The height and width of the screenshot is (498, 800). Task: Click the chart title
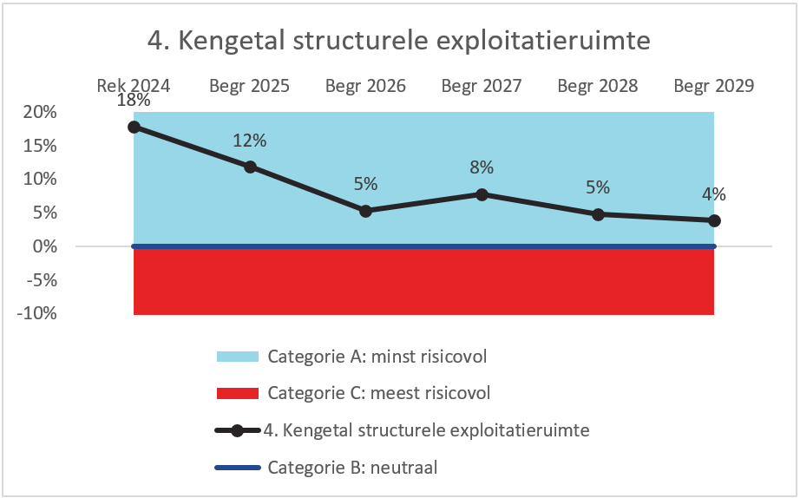tap(398, 41)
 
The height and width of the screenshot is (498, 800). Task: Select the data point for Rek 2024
tap(134, 127)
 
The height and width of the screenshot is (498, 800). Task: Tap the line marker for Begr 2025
tap(250, 167)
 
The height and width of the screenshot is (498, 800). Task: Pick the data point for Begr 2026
tap(365, 211)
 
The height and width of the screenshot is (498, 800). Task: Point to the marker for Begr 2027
tap(482, 194)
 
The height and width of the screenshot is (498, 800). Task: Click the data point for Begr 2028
tap(598, 214)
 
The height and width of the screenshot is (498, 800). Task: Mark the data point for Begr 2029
tap(714, 220)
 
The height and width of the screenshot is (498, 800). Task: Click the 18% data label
tap(134, 101)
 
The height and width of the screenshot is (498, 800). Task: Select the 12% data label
tap(250, 141)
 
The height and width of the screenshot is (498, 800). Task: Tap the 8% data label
tap(482, 167)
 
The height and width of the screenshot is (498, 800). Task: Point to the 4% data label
tap(714, 194)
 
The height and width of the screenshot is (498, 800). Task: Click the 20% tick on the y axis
tap(40, 112)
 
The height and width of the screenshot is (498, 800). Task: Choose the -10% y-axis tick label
tap(37, 313)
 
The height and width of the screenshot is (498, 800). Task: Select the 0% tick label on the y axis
tap(44, 246)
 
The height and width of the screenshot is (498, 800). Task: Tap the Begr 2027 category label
tap(482, 86)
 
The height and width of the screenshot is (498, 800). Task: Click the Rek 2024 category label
tap(134, 86)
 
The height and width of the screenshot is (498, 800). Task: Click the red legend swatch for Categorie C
tap(238, 393)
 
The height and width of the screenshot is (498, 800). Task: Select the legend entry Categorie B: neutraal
tap(352, 468)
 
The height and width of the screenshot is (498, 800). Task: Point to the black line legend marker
tap(238, 430)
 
